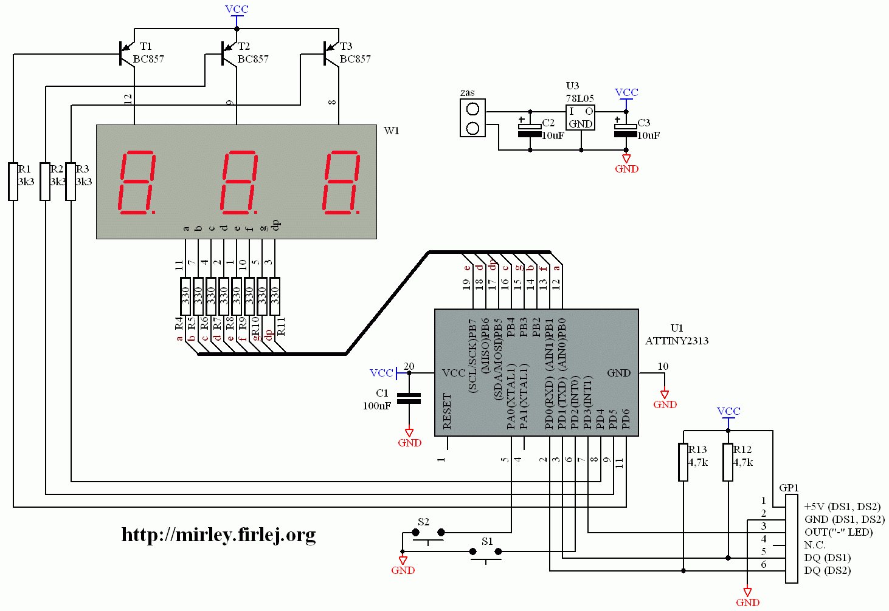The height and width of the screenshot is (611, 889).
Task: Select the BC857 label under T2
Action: coord(253,59)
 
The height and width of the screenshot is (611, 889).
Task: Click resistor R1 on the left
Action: coord(13,181)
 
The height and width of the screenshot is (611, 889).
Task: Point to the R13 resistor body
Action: coord(683,462)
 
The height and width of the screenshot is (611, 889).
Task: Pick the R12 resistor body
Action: coord(728,462)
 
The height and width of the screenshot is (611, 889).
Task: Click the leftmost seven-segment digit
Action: coord(137,182)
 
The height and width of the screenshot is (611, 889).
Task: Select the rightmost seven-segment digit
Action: coord(342,182)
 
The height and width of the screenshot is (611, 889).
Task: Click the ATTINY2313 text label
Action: coord(677,341)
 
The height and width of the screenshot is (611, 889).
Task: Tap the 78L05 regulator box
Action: coord(580,117)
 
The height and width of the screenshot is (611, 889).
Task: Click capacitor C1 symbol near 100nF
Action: coord(409,398)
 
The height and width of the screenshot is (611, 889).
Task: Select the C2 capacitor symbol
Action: coord(530,130)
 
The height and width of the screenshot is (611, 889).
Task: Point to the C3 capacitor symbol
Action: coord(626,130)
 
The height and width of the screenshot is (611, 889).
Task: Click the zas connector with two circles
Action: coord(472,118)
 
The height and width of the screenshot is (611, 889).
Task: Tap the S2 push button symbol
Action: coord(428,534)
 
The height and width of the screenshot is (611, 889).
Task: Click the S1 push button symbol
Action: coord(485,553)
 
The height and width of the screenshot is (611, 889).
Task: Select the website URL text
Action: coord(218,534)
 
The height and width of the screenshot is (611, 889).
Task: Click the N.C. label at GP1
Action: coord(814,545)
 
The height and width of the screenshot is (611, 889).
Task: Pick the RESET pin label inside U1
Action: coord(447,411)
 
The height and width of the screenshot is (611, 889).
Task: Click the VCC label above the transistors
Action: coord(237,9)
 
